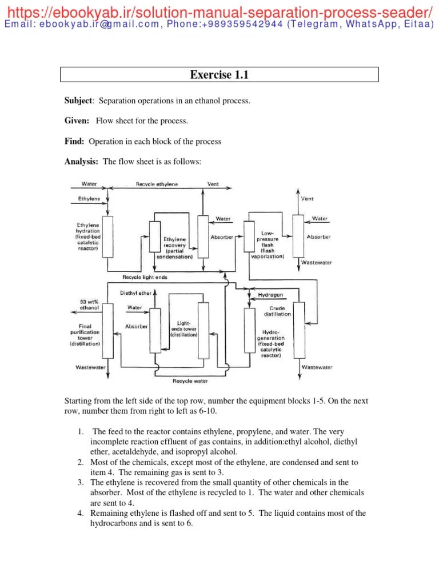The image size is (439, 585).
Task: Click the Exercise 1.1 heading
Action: coord(219,75)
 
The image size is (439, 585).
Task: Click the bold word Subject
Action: coord(78,101)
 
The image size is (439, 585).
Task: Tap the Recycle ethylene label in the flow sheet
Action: coord(157,185)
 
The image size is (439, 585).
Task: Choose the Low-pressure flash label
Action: coord(267,245)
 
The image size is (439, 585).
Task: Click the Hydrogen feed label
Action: coord(270,295)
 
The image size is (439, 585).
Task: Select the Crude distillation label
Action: coord(277,311)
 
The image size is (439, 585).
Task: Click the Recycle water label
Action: coord(190,381)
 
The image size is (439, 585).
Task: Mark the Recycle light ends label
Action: coord(145,277)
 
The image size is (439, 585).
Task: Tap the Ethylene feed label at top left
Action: coord(89,198)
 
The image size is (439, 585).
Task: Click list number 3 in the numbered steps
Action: coord(81,482)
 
